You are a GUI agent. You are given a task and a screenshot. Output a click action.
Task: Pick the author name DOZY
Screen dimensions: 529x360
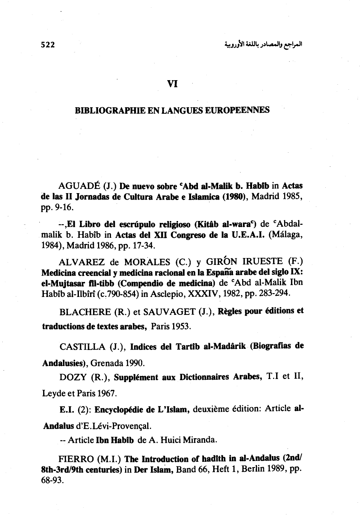(x=72, y=377)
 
